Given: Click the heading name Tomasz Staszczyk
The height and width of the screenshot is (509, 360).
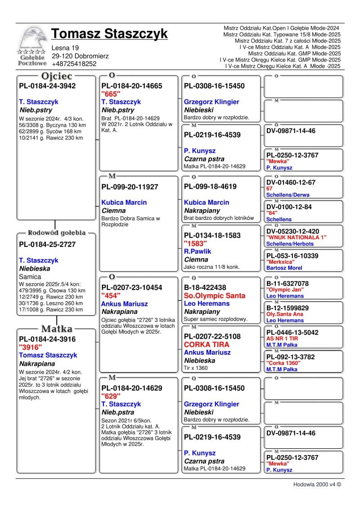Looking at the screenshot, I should pos(109,34).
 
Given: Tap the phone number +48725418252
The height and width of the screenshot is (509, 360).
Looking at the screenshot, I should pos(74,64).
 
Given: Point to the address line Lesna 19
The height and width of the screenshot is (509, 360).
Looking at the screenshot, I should pos(65,48).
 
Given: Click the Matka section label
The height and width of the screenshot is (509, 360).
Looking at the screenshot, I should pos(57,329).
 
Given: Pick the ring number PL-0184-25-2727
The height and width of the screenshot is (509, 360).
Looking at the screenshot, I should pos(47,245).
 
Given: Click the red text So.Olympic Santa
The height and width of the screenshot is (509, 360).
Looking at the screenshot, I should pos(215,295).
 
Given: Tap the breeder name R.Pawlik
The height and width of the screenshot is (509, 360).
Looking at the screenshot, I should pos(198,251).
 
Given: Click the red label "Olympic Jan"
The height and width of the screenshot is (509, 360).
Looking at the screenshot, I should pos(285,290).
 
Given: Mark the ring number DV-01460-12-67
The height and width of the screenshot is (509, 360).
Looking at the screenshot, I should pos(291,183).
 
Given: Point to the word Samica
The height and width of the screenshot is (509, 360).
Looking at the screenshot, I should pos(30,277).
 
